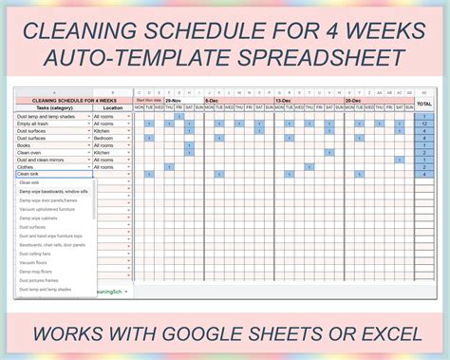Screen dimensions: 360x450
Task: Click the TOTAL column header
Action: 423,103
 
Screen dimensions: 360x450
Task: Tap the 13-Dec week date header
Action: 284,99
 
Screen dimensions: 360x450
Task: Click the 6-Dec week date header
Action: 211,99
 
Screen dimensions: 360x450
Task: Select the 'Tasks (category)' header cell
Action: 47,107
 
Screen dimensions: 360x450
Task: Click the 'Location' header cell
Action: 112,107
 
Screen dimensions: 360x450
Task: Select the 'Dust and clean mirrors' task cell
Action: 47,159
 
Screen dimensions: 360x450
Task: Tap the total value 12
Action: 423,123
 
